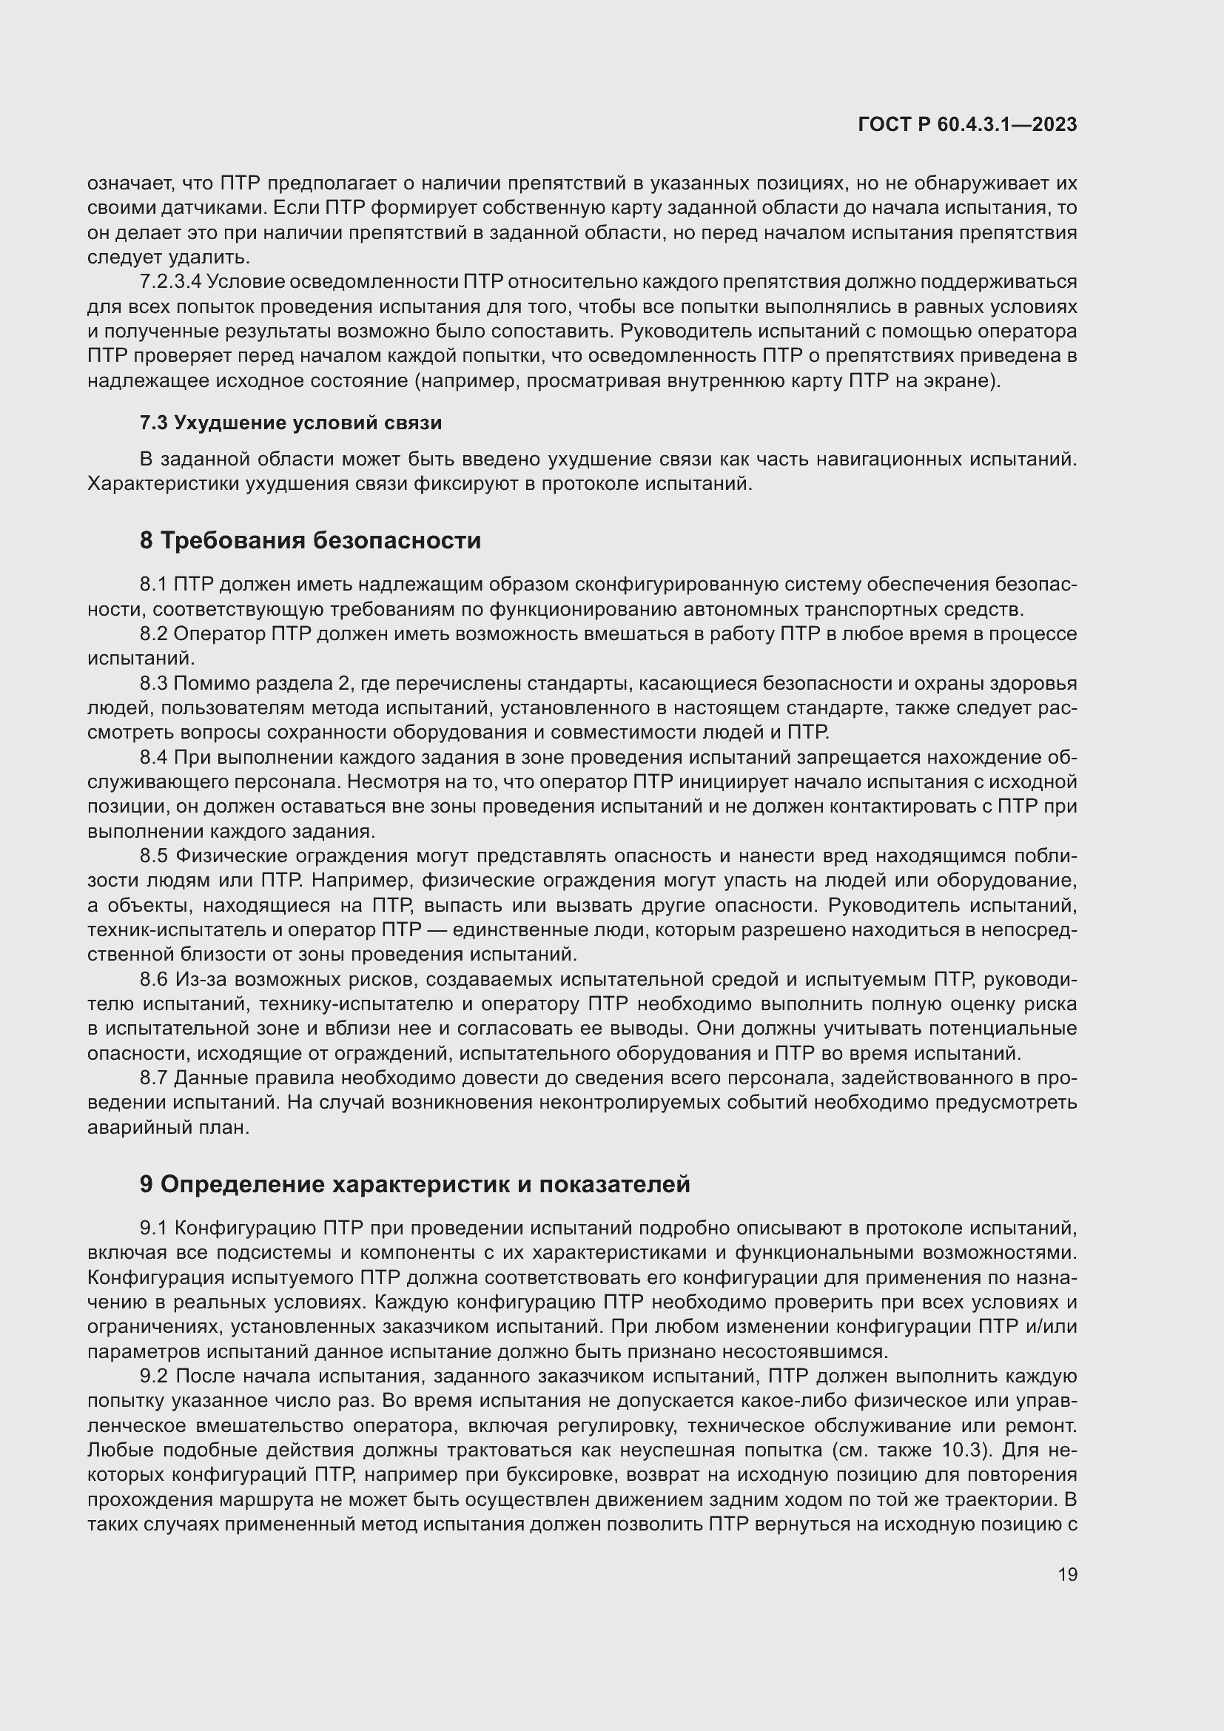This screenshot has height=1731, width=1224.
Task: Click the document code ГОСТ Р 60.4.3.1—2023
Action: (x=967, y=125)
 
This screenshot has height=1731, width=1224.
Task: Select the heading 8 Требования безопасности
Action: (x=310, y=540)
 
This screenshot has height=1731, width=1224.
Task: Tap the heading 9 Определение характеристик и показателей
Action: (x=414, y=1184)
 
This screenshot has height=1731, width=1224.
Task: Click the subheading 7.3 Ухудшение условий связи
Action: (x=290, y=423)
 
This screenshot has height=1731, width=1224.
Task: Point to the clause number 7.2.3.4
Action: (x=170, y=282)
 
